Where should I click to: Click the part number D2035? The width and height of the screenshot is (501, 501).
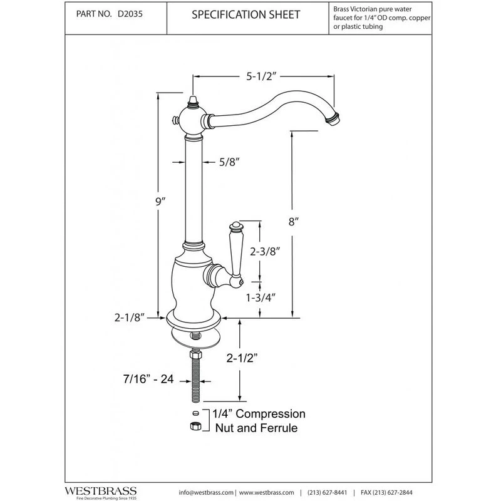[130, 14]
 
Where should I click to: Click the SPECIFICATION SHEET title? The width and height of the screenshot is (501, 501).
[245, 14]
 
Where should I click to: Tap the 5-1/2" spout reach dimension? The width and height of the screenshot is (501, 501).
[261, 76]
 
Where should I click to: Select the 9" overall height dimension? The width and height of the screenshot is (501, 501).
[160, 202]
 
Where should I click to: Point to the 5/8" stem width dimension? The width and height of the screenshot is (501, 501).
[229, 162]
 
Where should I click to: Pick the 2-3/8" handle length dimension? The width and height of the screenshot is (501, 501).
[265, 252]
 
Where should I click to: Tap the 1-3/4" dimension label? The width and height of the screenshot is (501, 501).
[261, 298]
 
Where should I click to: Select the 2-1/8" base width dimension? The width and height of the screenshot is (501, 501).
[130, 318]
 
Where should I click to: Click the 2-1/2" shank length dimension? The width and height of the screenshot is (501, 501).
[242, 358]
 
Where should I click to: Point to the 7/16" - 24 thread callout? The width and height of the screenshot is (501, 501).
[148, 379]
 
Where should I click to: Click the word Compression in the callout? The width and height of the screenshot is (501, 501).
[271, 414]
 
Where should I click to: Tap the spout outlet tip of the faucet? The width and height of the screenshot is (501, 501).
[333, 119]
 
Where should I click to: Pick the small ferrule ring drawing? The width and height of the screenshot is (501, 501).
[196, 413]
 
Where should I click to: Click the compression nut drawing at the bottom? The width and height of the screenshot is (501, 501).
[195, 426]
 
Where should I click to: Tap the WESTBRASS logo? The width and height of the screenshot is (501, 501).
[101, 492]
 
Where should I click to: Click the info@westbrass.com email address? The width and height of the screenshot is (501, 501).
[206, 493]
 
